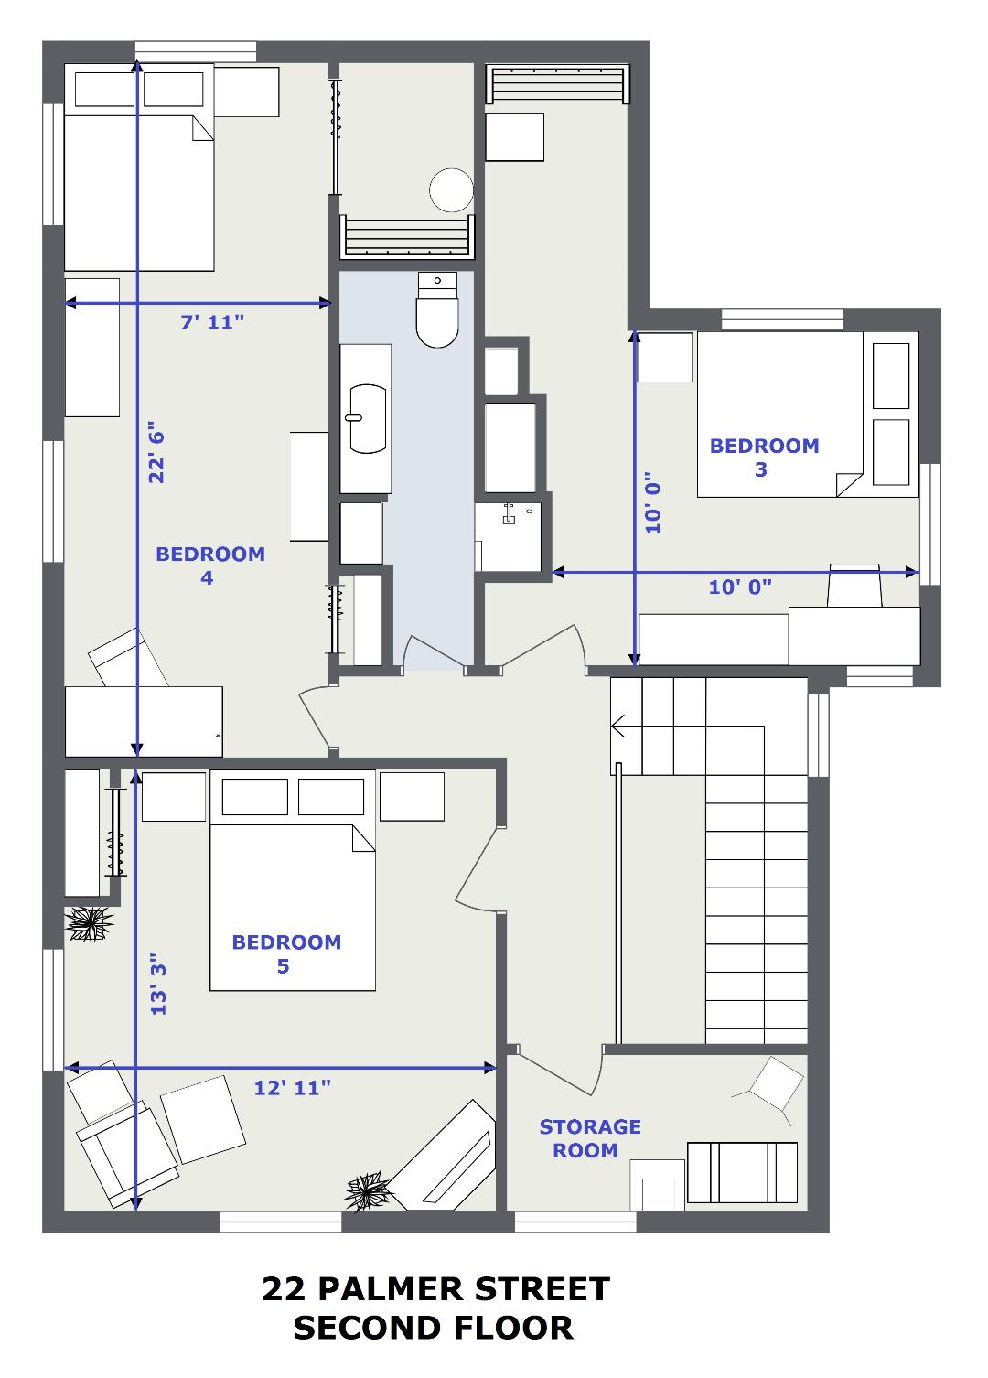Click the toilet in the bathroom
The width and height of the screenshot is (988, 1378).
[437, 310]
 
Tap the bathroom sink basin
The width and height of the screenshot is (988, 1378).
[368, 419]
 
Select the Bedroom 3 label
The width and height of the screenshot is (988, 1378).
[764, 458]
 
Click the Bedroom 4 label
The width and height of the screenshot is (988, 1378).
[210, 565]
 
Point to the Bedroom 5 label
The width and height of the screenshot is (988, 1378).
[286, 954]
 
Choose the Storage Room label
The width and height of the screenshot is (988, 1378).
[590, 1138]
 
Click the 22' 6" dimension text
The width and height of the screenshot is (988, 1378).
[156, 452]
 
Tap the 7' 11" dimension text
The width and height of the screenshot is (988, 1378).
[212, 322]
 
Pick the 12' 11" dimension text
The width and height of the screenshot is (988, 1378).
[292, 1088]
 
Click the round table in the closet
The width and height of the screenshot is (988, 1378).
[452, 190]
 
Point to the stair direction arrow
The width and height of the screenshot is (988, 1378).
[618, 726]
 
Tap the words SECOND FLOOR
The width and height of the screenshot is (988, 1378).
[433, 1329]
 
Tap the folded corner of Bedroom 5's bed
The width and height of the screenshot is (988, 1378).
[363, 838]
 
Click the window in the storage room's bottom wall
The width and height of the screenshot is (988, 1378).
[575, 1222]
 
